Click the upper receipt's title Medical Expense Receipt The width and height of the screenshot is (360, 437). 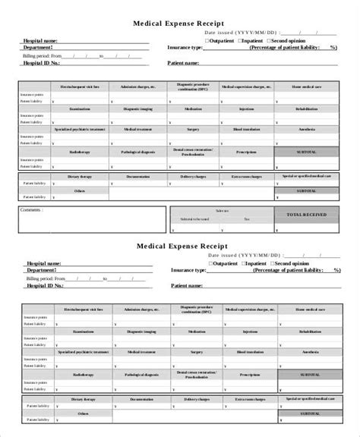coord(179,24)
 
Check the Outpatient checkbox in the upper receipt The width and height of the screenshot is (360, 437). coord(210,39)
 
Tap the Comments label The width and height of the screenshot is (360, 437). coord(32,209)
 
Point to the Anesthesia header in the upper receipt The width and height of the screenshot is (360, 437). coord(308,130)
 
